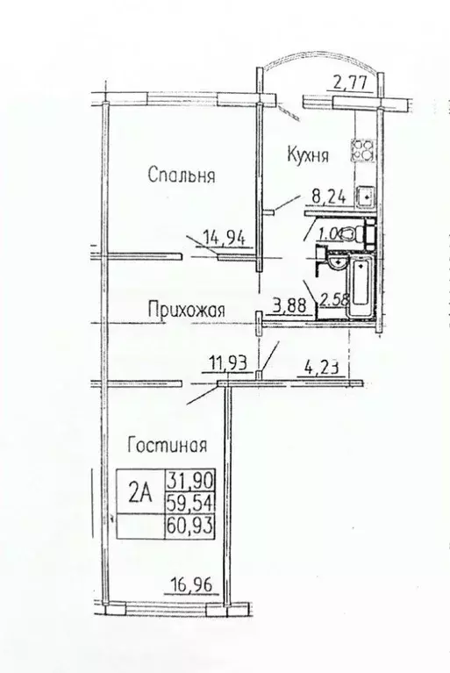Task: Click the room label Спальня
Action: (x=182, y=176)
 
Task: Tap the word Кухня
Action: (x=307, y=155)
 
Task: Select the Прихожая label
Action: (x=187, y=309)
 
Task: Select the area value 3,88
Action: (x=289, y=305)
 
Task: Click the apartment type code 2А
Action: (x=140, y=493)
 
